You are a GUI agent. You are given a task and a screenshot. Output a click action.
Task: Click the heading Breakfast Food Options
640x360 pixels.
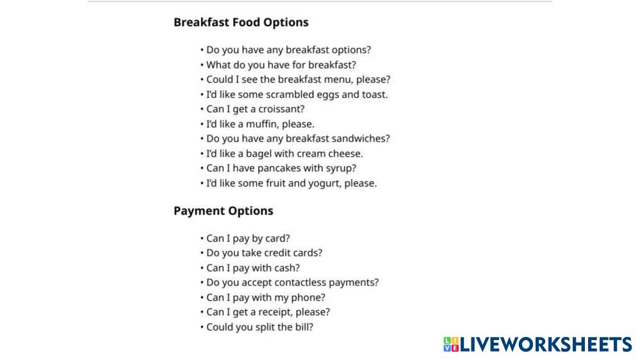pyautogui.click(x=241, y=22)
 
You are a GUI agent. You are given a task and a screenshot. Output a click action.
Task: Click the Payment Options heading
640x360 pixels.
pyautogui.click(x=224, y=211)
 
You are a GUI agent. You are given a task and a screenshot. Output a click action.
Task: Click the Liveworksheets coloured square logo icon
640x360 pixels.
pyautogui.click(x=451, y=344)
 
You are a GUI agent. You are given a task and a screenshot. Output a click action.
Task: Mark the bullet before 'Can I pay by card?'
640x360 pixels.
pyautogui.click(x=202, y=238)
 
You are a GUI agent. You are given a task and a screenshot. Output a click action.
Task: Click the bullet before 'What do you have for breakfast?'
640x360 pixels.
pyautogui.click(x=202, y=65)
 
